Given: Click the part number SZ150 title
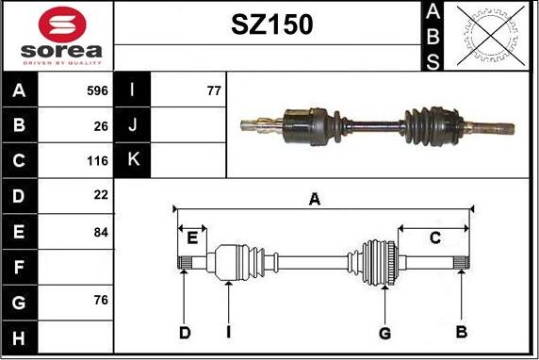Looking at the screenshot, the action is click(x=272, y=25).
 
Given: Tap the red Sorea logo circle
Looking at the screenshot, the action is click(x=62, y=25).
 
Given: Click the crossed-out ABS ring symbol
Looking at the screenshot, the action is click(x=491, y=36).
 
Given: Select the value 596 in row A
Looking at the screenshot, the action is click(x=97, y=90).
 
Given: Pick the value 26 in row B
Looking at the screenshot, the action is click(x=101, y=126).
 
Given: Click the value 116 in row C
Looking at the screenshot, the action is click(x=97, y=160).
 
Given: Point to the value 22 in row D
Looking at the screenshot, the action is click(x=101, y=195).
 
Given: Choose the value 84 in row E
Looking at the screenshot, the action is click(x=101, y=232).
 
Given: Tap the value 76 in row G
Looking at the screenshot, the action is click(x=101, y=300).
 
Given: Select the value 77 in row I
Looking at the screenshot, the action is click(x=214, y=90).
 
